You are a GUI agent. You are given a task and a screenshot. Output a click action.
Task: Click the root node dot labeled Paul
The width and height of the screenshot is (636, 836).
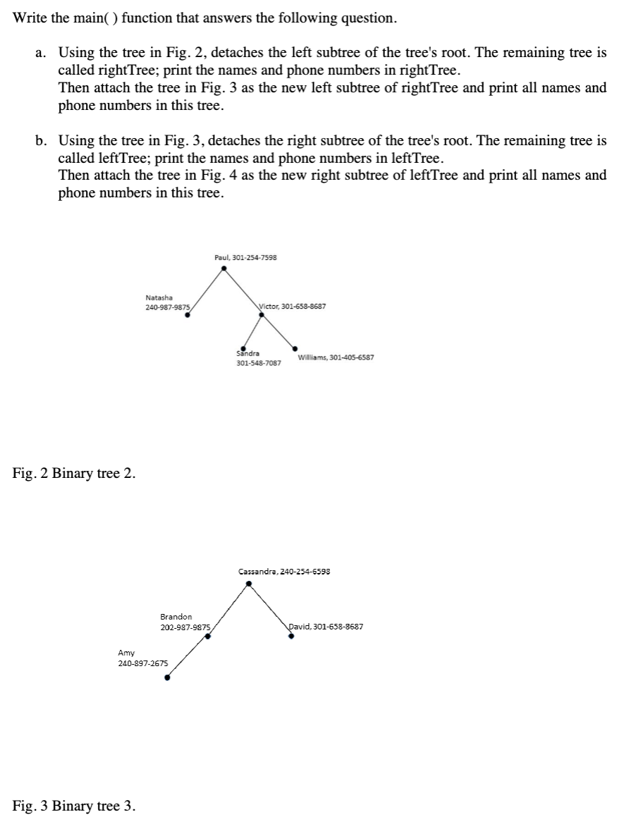click(x=224, y=268)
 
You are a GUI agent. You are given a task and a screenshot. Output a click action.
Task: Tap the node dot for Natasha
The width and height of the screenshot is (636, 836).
click(x=187, y=316)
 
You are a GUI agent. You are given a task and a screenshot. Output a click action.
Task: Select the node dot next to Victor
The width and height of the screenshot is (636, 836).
click(x=262, y=315)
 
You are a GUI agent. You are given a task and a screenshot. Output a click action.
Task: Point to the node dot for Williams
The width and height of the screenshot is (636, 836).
click(x=295, y=348)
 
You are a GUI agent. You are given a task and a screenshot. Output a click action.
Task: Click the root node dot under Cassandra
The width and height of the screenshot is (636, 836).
click(x=248, y=583)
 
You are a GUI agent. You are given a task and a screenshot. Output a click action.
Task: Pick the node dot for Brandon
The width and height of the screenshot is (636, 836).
click(x=207, y=636)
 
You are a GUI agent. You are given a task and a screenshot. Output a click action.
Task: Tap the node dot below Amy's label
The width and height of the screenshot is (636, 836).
click(x=167, y=678)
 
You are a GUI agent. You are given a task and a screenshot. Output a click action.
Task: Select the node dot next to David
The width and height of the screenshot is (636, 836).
click(x=291, y=635)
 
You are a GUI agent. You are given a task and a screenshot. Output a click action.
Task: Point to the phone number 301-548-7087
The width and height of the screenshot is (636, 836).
click(x=258, y=363)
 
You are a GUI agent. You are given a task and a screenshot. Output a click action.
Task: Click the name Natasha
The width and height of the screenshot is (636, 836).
click(x=159, y=297)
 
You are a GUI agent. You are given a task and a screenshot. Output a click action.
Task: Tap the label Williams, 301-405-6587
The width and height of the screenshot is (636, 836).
click(x=336, y=357)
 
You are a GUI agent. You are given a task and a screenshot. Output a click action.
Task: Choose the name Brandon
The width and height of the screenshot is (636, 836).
click(x=176, y=617)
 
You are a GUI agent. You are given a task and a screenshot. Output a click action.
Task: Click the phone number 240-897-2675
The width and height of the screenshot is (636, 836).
click(x=143, y=663)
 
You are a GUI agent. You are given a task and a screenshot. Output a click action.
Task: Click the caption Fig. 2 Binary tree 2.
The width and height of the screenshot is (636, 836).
click(x=74, y=473)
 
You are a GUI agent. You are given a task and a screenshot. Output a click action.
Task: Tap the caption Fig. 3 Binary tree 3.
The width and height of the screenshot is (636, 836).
click(x=74, y=806)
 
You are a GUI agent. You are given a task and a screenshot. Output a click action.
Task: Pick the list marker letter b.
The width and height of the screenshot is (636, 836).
click(x=40, y=141)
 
